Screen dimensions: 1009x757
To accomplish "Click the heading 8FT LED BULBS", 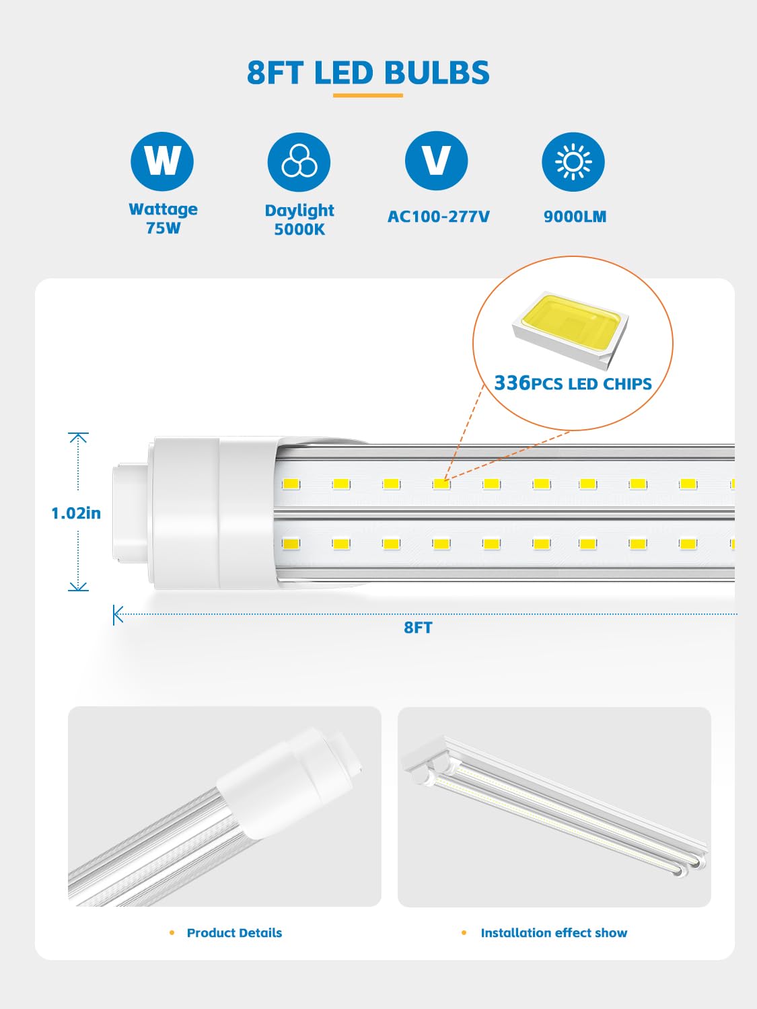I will point(368,73).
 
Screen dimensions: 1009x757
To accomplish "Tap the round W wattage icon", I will point(162,161).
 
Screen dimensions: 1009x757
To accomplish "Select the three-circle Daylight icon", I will point(299,162).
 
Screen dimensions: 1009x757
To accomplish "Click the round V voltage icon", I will point(436,161).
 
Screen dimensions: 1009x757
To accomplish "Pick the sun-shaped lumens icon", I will point(573,162).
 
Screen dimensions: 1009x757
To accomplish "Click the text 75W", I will point(164,228).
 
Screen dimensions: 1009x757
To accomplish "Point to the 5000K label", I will point(299,229).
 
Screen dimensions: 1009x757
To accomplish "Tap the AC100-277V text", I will point(438,217).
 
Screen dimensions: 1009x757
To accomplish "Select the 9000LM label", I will point(575,217).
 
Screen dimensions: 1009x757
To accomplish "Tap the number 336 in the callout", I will point(512,383).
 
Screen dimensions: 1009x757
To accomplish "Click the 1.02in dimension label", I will point(76,513).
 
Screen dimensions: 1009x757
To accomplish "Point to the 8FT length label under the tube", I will point(418,628).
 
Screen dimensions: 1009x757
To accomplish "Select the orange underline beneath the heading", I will point(368,96).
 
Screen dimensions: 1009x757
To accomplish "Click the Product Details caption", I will point(234,933).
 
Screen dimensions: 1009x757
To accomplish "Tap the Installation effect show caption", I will point(553,933).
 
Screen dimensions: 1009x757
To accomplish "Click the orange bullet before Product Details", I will point(172,933).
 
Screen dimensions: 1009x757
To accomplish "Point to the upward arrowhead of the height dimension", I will point(78,437).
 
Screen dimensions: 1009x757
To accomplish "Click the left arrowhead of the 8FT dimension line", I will point(118,614).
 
